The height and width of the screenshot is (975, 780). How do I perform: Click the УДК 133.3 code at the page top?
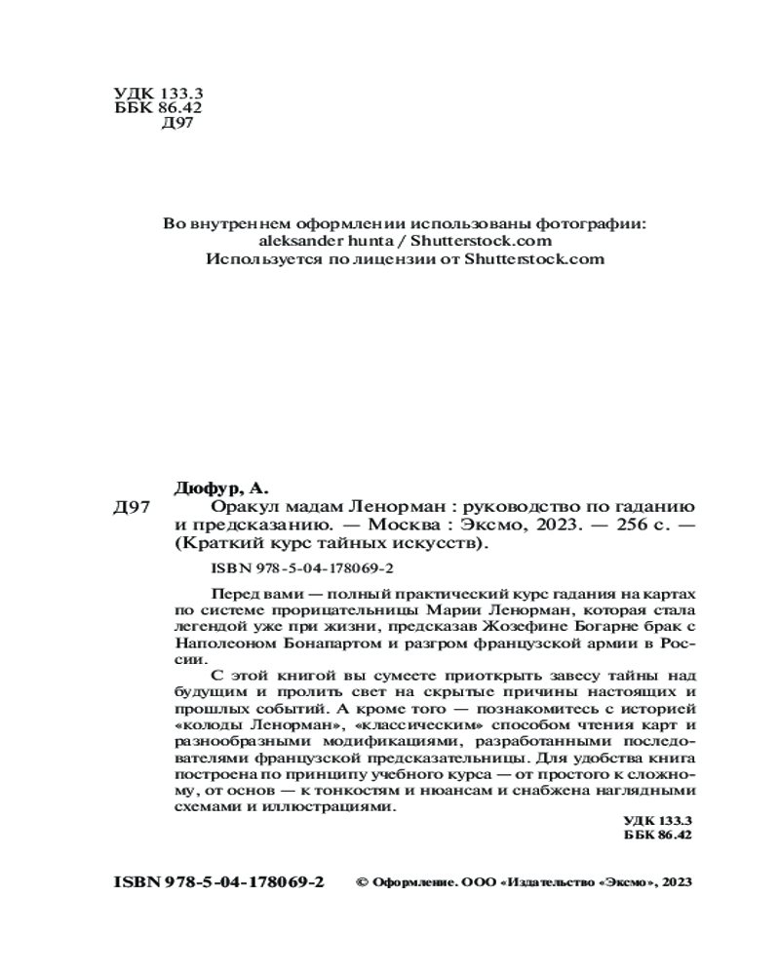coord(151,94)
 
